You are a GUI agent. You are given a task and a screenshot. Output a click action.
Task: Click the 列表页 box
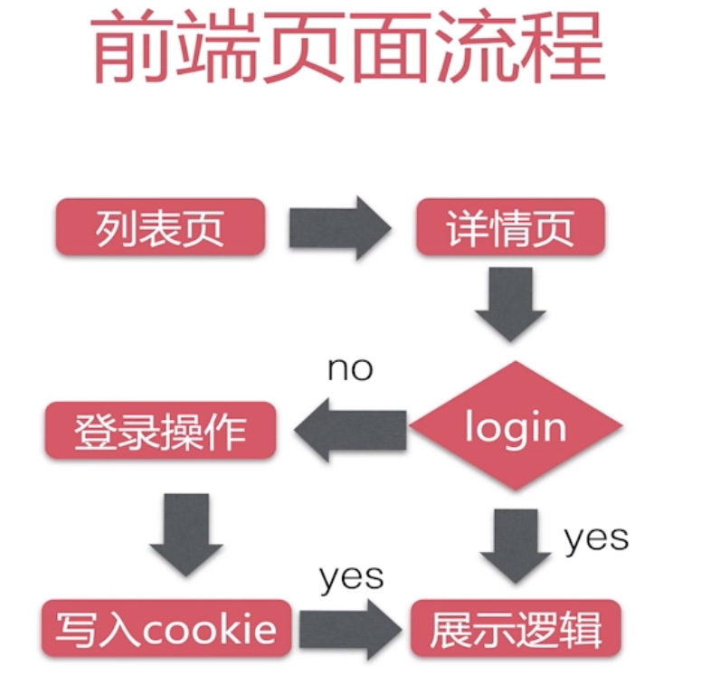[x=160, y=227]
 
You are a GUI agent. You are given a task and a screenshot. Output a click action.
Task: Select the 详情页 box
[x=509, y=227]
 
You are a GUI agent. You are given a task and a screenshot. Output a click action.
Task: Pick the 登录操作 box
[x=160, y=430]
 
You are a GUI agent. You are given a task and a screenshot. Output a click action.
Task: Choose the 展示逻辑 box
[x=515, y=627]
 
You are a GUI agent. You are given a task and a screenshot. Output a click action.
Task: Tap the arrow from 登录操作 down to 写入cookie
[x=186, y=534]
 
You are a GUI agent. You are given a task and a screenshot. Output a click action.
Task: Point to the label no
[x=350, y=369]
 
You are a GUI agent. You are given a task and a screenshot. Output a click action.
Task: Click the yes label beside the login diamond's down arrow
[x=596, y=538]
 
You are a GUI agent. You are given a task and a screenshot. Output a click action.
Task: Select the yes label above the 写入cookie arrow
[x=351, y=576]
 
